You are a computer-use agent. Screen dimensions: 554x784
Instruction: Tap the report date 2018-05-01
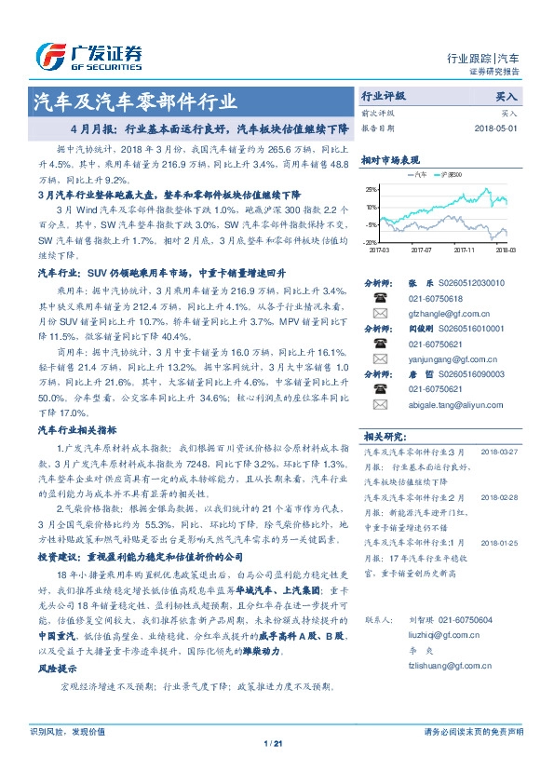497,128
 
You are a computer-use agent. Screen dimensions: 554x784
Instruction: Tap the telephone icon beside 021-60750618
379,298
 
